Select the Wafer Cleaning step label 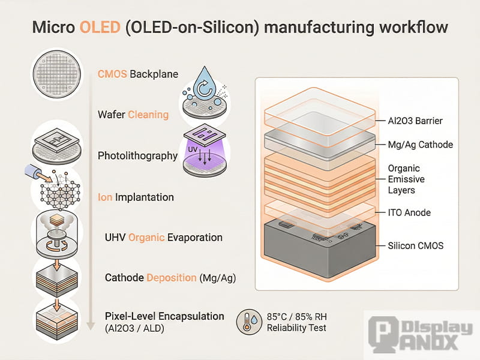point(133,114)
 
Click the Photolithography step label point(137,155)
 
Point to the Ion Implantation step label point(136,197)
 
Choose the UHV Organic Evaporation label point(163,237)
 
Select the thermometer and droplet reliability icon point(248,322)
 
